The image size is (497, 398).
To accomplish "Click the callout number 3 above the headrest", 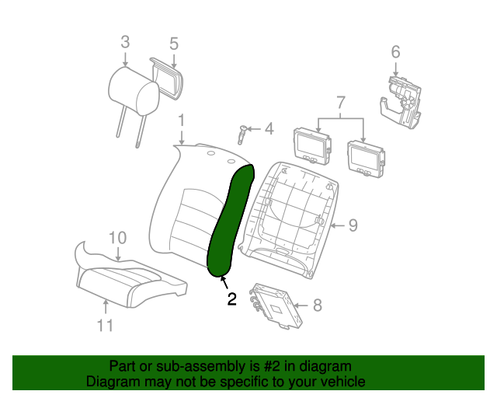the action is [x=125, y=42].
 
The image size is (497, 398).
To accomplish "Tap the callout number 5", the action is [x=174, y=44].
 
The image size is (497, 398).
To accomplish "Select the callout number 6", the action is [x=395, y=52].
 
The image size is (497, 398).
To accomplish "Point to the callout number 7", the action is [x=340, y=103].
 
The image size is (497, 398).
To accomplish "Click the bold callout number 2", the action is [x=231, y=299].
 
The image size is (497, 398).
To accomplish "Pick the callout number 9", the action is [x=353, y=225].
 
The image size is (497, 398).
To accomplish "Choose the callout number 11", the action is [x=105, y=326].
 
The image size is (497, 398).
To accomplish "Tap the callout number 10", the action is [x=117, y=238].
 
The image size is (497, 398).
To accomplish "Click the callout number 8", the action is [x=318, y=305].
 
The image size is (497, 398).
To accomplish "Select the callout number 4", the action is [x=269, y=129].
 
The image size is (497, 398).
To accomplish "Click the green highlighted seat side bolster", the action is [x=231, y=220].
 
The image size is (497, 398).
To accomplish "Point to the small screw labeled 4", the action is [x=242, y=134].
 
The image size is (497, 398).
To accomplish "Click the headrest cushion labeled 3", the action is [x=134, y=91].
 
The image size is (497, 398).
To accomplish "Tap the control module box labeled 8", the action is [x=276, y=305].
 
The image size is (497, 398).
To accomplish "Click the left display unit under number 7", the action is [x=312, y=146].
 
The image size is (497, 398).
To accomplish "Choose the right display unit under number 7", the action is [x=366, y=159].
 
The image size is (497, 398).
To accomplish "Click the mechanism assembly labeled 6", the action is [x=401, y=103].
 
